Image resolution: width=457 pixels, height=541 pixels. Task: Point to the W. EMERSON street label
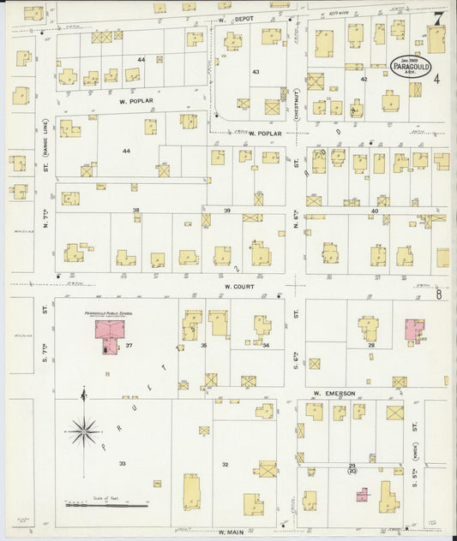(x=334, y=393)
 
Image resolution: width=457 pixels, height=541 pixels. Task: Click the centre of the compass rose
(x=84, y=431)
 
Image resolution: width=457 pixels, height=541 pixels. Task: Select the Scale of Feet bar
(x=95, y=505)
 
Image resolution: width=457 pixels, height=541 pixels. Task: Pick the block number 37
(x=129, y=345)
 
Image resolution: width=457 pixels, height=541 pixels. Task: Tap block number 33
(x=123, y=463)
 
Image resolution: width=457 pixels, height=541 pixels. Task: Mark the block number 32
(x=225, y=464)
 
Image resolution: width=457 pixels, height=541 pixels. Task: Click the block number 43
(x=256, y=72)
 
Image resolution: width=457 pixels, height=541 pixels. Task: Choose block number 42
(x=364, y=79)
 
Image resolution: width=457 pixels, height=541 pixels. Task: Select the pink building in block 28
(x=414, y=329)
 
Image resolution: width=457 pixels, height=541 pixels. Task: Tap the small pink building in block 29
(x=363, y=495)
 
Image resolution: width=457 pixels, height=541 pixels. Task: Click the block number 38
(x=135, y=210)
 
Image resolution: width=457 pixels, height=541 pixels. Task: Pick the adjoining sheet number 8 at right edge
(x=438, y=295)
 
